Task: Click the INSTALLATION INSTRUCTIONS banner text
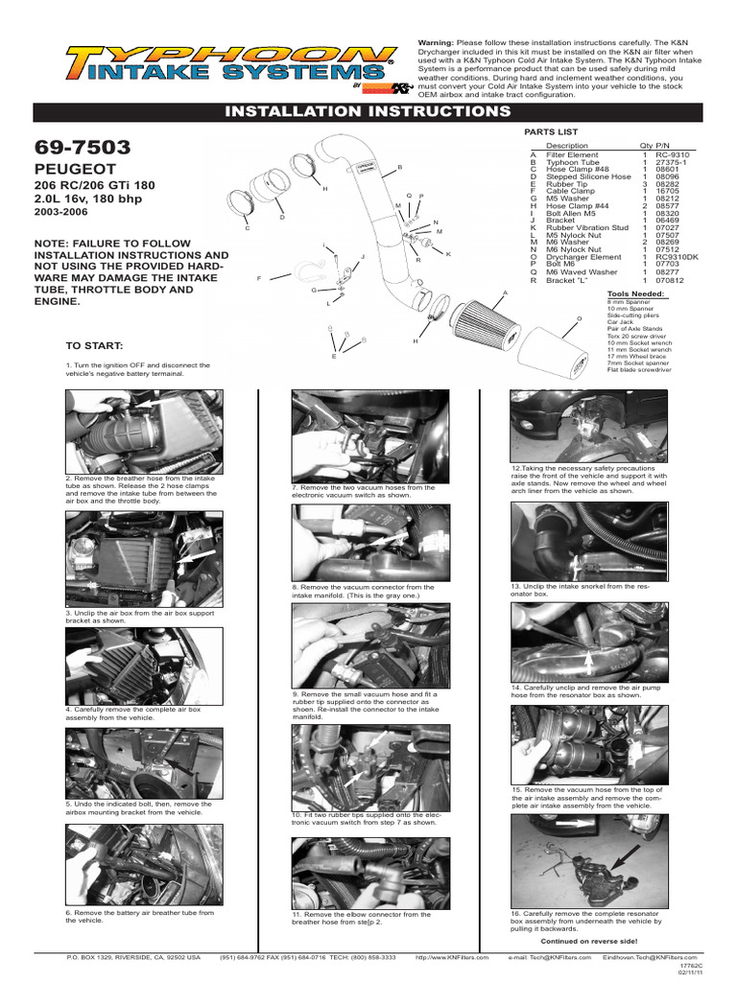(x=368, y=112)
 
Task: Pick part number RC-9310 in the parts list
(x=673, y=153)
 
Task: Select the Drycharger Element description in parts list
(x=583, y=257)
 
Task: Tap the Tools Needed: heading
(x=635, y=292)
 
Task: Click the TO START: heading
(x=94, y=344)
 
